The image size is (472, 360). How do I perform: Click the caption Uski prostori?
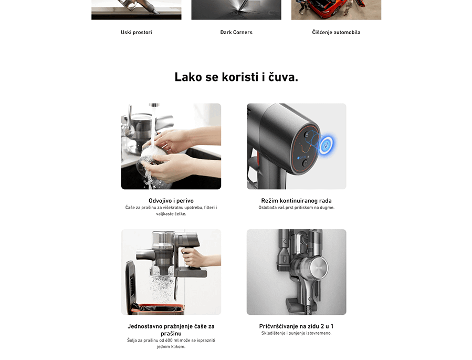(x=137, y=33)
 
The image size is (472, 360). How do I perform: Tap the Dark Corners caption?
(x=236, y=33)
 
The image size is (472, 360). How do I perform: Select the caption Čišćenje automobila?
(x=336, y=33)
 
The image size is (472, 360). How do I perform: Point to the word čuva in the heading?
(x=282, y=77)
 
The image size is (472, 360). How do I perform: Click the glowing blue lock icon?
(x=326, y=145)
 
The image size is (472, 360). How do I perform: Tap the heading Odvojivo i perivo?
(x=171, y=201)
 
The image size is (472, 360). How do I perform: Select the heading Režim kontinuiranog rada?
(x=296, y=201)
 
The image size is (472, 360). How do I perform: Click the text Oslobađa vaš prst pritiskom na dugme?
(x=296, y=208)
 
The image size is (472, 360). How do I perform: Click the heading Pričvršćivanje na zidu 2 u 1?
(x=296, y=326)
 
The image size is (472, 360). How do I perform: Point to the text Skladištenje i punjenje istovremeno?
(x=296, y=333)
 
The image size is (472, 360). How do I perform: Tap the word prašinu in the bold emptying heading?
(x=171, y=334)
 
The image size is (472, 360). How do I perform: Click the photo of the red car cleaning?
(x=336, y=9)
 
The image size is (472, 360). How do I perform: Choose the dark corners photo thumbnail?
(x=236, y=9)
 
